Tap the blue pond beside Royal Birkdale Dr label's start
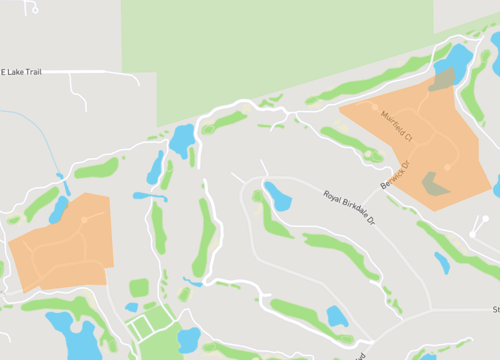(277, 197)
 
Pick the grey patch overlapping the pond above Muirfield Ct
(440, 80)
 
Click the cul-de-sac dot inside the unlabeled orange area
(85, 218)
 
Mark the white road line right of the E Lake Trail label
(100, 72)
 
